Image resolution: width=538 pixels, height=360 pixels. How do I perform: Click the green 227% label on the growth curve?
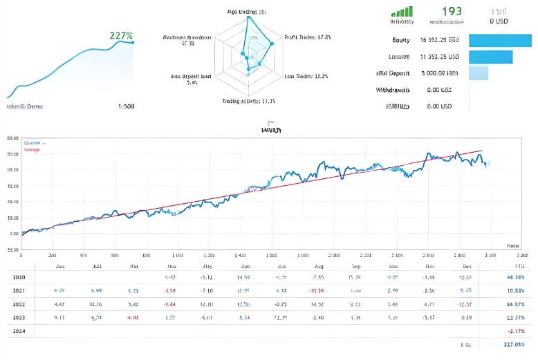[x=121, y=35]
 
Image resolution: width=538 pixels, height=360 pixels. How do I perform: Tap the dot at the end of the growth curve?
[x=133, y=43]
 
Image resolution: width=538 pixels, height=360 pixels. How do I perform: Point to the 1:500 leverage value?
[x=127, y=106]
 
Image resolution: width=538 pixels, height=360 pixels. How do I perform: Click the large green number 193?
[x=452, y=11]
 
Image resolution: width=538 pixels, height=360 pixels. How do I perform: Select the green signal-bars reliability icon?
[x=402, y=11]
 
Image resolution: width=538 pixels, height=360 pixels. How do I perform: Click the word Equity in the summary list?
[x=401, y=40]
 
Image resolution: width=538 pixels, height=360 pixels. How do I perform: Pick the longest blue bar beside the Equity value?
[x=501, y=40]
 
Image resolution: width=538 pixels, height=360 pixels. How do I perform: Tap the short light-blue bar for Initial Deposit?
[x=479, y=73]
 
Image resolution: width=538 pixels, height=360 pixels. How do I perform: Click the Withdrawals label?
[x=393, y=90]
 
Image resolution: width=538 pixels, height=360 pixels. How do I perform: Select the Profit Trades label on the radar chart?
[x=307, y=37]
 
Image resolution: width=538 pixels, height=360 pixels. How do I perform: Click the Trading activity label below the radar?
[x=248, y=101]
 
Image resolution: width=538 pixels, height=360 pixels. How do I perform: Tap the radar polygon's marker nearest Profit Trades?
[x=271, y=44]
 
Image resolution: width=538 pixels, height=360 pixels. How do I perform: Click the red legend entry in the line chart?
[x=33, y=149]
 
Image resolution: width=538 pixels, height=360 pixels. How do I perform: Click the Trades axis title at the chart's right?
[x=512, y=245]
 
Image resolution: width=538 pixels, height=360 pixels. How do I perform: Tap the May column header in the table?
[x=207, y=265]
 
